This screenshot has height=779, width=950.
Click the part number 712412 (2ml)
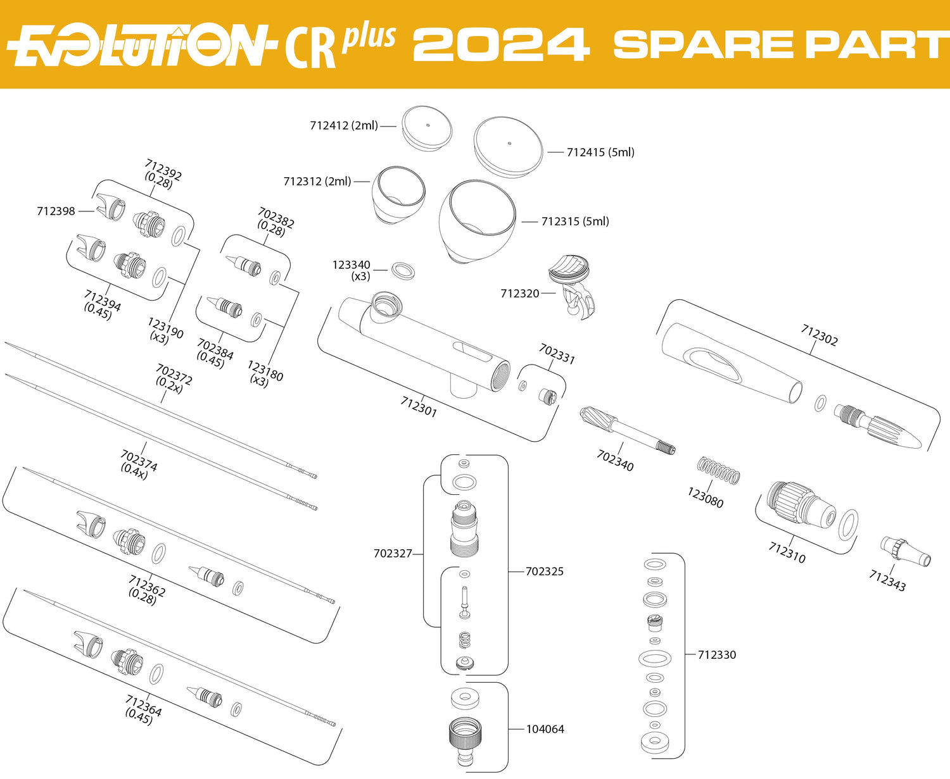[x=344, y=125]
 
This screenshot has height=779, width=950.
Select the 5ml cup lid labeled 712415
[x=508, y=147]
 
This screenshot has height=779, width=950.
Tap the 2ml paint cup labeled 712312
[x=398, y=194]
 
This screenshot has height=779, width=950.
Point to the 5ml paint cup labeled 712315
[x=478, y=221]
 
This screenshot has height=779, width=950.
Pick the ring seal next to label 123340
[x=403, y=271]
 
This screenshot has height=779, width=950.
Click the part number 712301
[x=419, y=406]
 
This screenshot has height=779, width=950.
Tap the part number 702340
[x=616, y=461]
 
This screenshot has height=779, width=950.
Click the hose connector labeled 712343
[x=906, y=551]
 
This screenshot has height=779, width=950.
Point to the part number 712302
[x=819, y=335]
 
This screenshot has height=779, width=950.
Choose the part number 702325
[x=545, y=571]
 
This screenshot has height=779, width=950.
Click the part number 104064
[x=545, y=728]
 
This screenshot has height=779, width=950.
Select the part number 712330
[x=717, y=654]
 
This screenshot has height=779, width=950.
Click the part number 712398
[x=56, y=211]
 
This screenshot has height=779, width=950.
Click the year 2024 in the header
[x=502, y=44]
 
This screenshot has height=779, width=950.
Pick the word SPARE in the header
[x=703, y=44]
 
